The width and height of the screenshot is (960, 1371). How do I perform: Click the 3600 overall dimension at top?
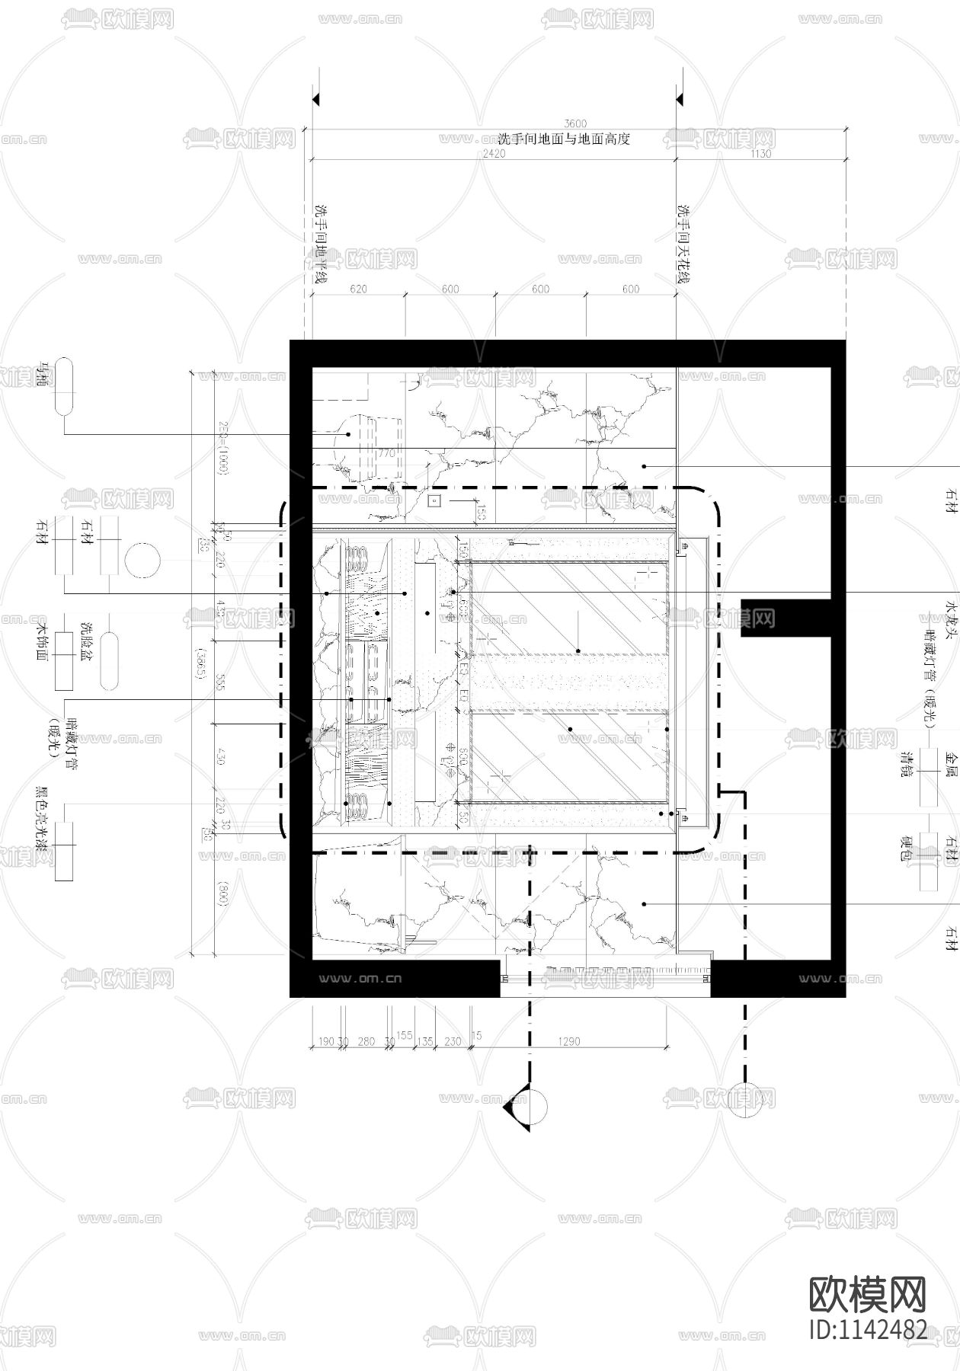click(575, 123)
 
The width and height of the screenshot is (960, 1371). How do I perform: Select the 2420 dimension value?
click(494, 153)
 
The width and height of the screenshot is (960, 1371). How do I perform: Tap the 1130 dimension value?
click(760, 153)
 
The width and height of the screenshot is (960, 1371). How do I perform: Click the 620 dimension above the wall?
click(358, 289)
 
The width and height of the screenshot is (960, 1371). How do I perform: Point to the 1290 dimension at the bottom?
click(569, 1041)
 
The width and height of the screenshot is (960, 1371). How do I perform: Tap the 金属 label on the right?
click(950, 763)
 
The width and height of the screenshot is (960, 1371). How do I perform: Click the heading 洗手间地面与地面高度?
click(564, 139)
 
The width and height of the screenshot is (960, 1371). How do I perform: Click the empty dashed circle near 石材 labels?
click(142, 562)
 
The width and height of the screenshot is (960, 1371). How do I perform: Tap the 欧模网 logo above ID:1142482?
click(866, 1293)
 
